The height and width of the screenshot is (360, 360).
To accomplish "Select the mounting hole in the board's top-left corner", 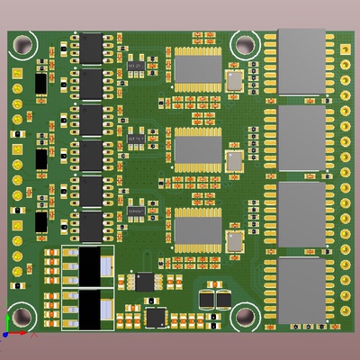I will (22, 42).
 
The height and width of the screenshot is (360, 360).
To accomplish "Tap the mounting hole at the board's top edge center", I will (244, 43).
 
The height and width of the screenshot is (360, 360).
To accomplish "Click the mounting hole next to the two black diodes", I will (244, 316).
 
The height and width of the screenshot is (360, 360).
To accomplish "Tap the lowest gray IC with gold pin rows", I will (197, 229).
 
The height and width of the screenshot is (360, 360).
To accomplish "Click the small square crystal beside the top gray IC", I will (235, 82).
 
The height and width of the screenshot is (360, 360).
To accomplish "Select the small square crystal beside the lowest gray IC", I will (235, 241).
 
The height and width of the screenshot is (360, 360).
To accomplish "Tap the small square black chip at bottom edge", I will (156, 317).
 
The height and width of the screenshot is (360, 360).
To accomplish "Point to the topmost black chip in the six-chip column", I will (92, 45).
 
